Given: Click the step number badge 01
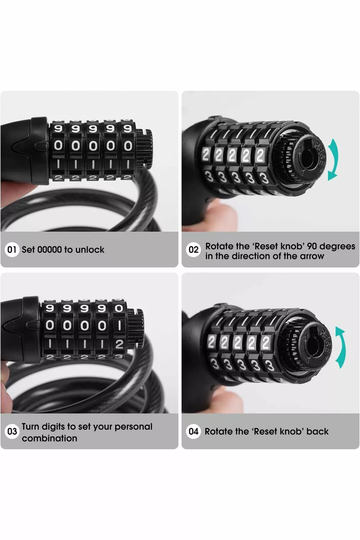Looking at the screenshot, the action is pyautogui.click(x=12, y=250).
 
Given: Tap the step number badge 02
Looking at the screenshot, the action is pyautogui.click(x=193, y=250).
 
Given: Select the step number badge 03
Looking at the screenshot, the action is pyautogui.click(x=12, y=432).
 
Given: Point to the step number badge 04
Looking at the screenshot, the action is pyautogui.click(x=193, y=432).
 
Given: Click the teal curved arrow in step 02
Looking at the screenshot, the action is pyautogui.click(x=336, y=159).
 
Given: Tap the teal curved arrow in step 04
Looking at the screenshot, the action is pyautogui.click(x=343, y=347).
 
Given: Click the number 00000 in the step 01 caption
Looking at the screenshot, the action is pyautogui.click(x=50, y=250).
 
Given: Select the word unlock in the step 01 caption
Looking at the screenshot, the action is pyautogui.click(x=90, y=250).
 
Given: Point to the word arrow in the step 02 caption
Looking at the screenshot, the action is pyautogui.click(x=312, y=256).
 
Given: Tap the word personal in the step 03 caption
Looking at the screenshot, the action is pyautogui.click(x=133, y=427).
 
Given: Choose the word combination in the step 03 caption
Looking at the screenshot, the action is pyautogui.click(x=50, y=438).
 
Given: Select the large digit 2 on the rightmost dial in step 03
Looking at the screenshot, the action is pyautogui.click(x=119, y=344).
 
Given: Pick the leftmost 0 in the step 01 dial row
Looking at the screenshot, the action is pyautogui.click(x=58, y=146).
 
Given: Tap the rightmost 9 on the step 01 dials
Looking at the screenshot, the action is pyautogui.click(x=128, y=129).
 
